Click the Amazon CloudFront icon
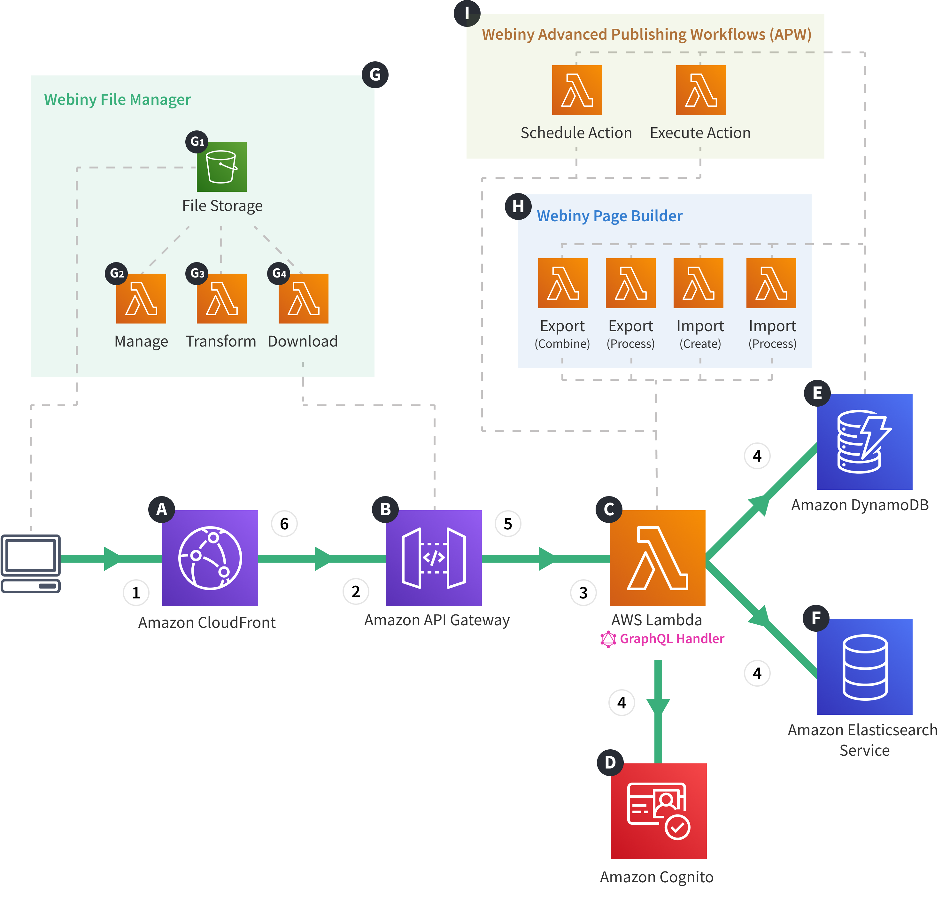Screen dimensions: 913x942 click(x=210, y=558)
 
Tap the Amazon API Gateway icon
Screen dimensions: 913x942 click(x=434, y=558)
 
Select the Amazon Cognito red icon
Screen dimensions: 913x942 click(x=659, y=811)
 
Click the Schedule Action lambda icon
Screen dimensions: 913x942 click(x=577, y=90)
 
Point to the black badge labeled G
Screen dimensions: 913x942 click(x=375, y=74)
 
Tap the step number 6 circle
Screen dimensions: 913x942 click(x=284, y=524)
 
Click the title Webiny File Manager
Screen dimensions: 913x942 click(x=117, y=99)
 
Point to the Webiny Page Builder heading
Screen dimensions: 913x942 click(x=609, y=216)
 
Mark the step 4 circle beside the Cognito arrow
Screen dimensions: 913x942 click(x=622, y=703)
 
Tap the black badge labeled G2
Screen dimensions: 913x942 click(x=117, y=274)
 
